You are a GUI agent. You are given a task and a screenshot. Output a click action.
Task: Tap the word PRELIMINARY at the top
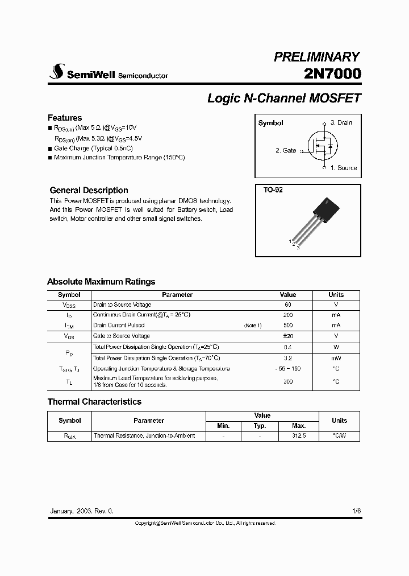point(316,56)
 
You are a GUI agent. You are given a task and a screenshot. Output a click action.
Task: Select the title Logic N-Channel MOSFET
point(284,98)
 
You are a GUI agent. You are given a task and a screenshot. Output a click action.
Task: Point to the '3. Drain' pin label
point(341,122)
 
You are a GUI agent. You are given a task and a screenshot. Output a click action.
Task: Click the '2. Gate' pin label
point(286,150)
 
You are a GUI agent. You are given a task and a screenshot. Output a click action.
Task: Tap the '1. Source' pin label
point(344,168)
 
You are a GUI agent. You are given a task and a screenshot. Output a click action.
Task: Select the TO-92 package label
point(273,190)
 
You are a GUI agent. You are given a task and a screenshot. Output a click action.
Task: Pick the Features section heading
point(65,118)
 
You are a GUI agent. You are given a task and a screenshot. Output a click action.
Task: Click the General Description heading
point(89,190)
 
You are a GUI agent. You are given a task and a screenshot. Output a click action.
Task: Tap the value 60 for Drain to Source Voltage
point(288,305)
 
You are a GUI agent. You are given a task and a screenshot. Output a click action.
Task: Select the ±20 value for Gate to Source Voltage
point(287,336)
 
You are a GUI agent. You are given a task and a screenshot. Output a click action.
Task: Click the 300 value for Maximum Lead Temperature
point(288,381)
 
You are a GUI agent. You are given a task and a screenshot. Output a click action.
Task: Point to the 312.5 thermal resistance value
point(299,435)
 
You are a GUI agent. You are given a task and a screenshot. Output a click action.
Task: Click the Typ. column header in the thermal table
point(260,426)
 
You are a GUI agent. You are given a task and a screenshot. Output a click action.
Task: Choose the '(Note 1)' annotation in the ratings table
point(253,326)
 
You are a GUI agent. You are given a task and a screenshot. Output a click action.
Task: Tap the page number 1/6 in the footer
point(356,511)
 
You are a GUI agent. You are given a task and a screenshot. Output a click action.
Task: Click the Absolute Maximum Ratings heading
point(101,282)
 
